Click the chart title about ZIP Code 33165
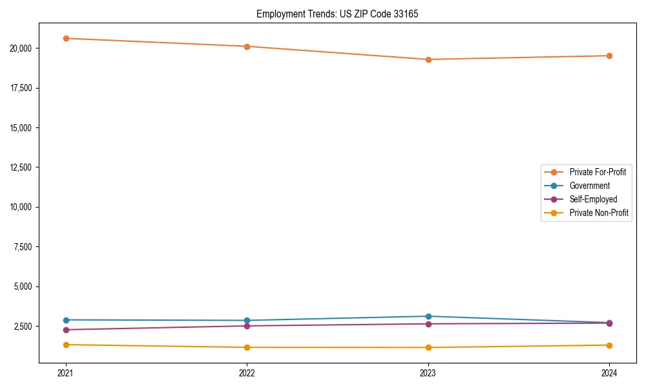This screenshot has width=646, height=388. pos(337,14)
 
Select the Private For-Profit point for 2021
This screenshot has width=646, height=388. pos(66,38)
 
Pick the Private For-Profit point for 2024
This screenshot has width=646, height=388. pos(609,56)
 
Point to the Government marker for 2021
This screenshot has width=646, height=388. pos(66,320)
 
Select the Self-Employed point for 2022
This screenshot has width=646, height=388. pos(247,326)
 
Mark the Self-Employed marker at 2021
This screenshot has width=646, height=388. pos(66,330)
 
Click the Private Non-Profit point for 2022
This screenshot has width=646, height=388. pos(247,347)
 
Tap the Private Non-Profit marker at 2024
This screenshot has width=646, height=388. pos(609,345)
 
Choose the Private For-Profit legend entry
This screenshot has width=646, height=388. pos(597,172)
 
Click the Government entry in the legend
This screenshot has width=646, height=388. pos(589,186)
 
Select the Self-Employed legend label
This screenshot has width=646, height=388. pos(593,199)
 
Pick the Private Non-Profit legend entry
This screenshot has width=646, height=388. pos(599,213)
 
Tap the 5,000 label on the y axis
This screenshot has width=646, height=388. pos(27,286)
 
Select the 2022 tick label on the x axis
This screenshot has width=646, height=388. pos(247,373)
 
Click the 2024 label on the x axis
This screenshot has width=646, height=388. pos(609,373)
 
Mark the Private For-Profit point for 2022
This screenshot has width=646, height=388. pos(247,47)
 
